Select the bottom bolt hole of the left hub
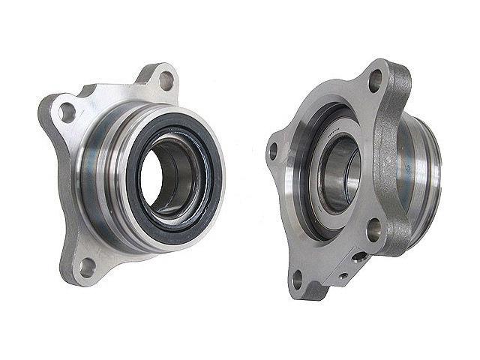tap(88, 264)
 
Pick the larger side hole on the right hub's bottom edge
tap(359, 257)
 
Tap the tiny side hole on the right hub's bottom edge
tap(343, 275)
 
